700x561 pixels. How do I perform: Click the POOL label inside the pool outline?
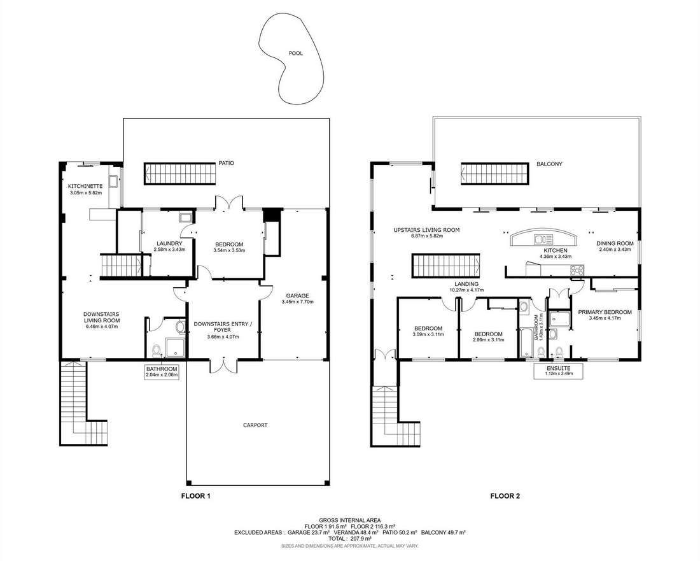[295, 53]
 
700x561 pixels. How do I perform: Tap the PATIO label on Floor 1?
[227, 163]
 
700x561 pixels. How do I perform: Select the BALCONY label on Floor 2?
[549, 164]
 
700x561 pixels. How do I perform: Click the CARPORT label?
[255, 425]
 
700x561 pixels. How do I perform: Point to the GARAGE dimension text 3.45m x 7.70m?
[298, 302]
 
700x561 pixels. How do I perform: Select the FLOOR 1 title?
[195, 496]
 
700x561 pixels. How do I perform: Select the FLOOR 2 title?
[505, 496]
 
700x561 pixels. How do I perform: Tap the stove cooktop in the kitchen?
[577, 270]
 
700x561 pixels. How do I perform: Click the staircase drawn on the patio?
[180, 174]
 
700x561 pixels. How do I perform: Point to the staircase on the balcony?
[496, 173]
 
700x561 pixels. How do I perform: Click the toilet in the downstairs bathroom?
[157, 351]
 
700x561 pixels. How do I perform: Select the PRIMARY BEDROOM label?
[605, 312]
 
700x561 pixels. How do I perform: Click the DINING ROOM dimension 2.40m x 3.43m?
[615, 249]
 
